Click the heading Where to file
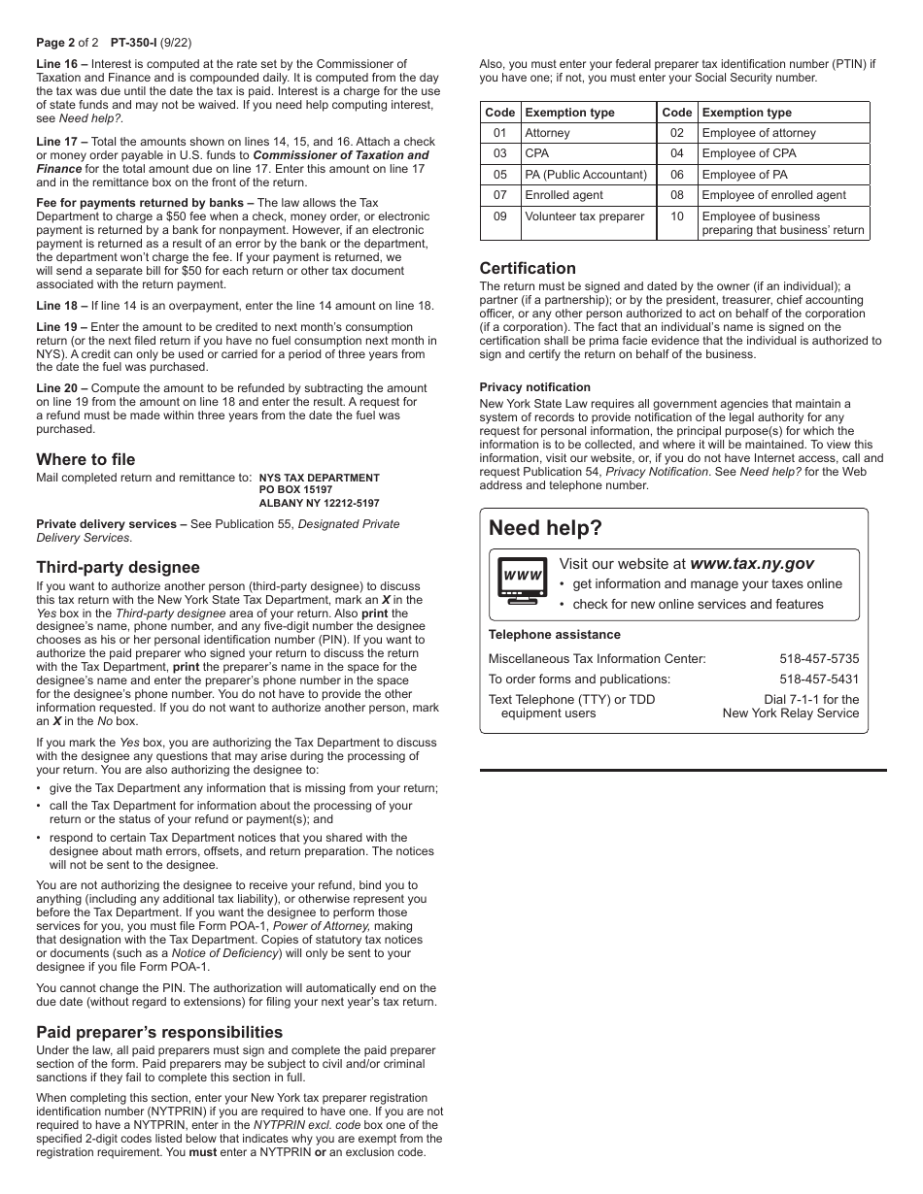pyautogui.click(x=85, y=459)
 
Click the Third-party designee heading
pyautogui.click(x=118, y=567)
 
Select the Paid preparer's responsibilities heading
pyautogui.click(x=159, y=1032)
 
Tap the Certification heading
pyautogui.click(x=528, y=268)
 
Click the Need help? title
pyautogui.click(x=545, y=528)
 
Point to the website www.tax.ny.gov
pyautogui.click(x=751, y=563)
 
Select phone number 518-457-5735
pyautogui.click(x=819, y=658)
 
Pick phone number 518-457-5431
pyautogui.click(x=819, y=679)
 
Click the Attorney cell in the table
pyautogui.click(x=547, y=133)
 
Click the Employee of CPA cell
pyautogui.click(x=748, y=153)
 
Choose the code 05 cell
pyautogui.click(x=499, y=175)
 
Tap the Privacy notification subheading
pyautogui.click(x=534, y=387)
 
